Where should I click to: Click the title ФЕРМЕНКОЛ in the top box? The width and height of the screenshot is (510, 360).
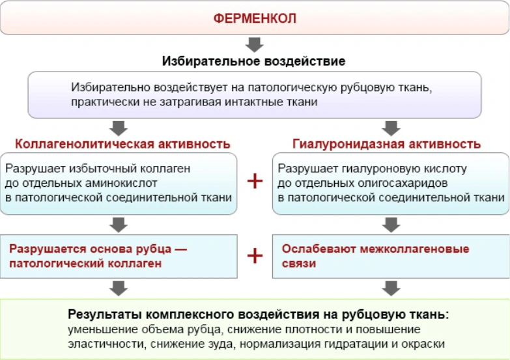point(255,18)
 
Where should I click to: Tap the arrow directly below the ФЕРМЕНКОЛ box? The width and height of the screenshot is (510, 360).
point(255,44)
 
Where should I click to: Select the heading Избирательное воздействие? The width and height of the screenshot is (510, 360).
point(254,61)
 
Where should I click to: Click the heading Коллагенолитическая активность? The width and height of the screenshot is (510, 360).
point(122,144)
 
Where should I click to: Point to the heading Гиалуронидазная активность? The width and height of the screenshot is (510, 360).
point(386,144)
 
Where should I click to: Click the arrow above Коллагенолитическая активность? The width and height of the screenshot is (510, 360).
point(119,128)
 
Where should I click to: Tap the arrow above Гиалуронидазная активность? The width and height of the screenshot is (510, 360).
point(391,128)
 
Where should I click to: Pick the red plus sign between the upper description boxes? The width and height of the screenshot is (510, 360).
point(255,181)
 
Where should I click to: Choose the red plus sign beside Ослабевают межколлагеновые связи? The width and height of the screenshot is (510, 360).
point(255,256)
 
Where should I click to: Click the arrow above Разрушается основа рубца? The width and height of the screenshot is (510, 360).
point(119,225)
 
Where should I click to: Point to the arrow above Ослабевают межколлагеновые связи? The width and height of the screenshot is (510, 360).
point(391,225)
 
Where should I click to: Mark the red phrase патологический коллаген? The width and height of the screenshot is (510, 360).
point(85,263)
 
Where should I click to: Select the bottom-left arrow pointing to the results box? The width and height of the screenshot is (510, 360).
point(119,288)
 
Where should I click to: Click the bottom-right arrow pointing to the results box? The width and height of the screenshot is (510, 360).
point(391,288)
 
